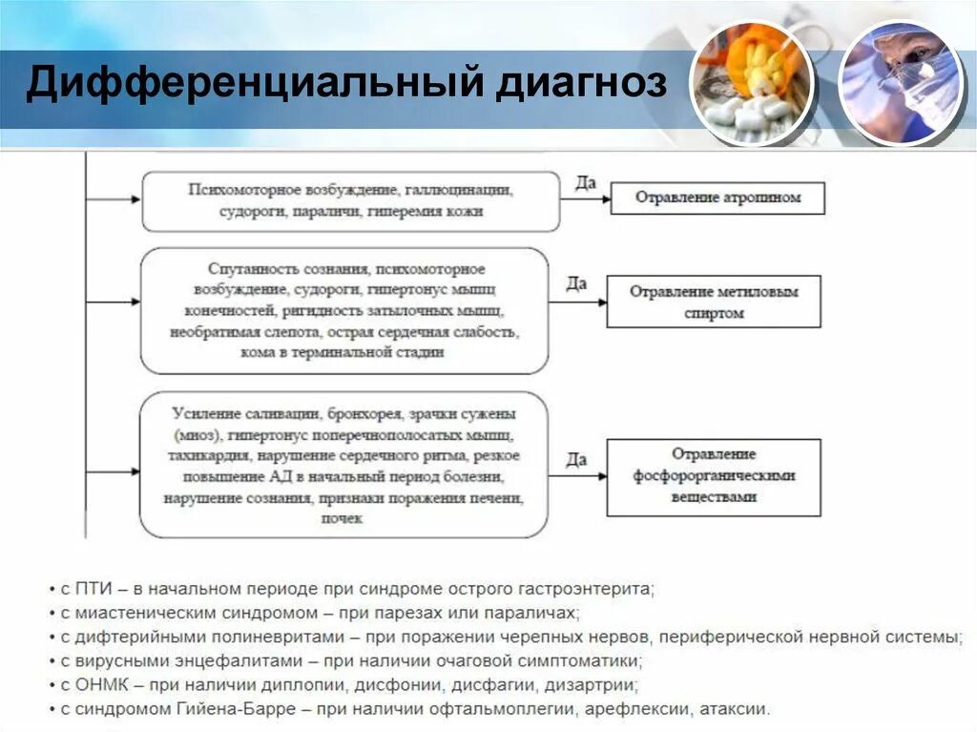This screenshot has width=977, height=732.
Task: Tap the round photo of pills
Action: [x=751, y=83]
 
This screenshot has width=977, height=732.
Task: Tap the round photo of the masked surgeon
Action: [x=900, y=83]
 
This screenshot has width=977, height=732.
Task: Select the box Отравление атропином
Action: [x=717, y=199]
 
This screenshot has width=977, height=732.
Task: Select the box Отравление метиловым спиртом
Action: [x=713, y=302]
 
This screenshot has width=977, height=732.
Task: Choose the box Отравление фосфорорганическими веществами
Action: [x=713, y=476]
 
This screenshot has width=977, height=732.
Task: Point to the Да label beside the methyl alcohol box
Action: [x=576, y=284]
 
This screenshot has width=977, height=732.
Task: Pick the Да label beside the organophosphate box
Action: [x=576, y=459]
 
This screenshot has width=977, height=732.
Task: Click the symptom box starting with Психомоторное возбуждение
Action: [x=351, y=200]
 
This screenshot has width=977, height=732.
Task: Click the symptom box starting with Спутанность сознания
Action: [x=344, y=310]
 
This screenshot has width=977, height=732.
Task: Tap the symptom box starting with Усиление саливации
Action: [x=343, y=466]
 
